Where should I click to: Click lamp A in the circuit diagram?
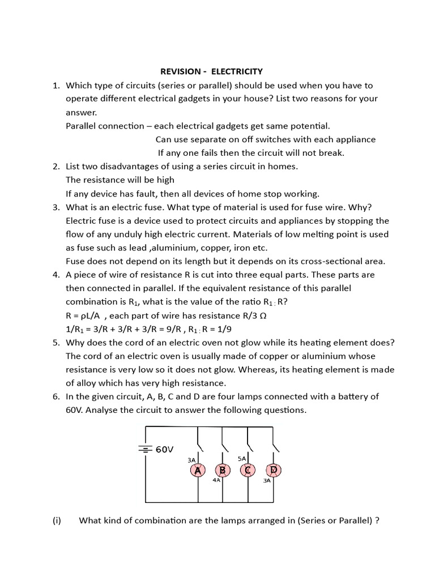tap(198, 470)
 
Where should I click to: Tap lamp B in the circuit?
tap(223, 470)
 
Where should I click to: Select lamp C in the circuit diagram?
tap(248, 470)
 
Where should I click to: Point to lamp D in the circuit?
tap(273, 470)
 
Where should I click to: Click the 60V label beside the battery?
tap(164, 449)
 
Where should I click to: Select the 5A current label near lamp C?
tap(242, 458)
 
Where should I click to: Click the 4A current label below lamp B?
tap(216, 480)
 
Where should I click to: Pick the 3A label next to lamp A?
tap(191, 460)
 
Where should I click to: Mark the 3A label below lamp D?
tap(267, 481)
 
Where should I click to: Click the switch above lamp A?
tap(200, 438)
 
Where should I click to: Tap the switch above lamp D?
tap(275, 438)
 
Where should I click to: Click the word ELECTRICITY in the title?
tap(237, 71)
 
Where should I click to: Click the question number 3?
tap(56, 207)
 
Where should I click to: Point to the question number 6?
tap(56, 396)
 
